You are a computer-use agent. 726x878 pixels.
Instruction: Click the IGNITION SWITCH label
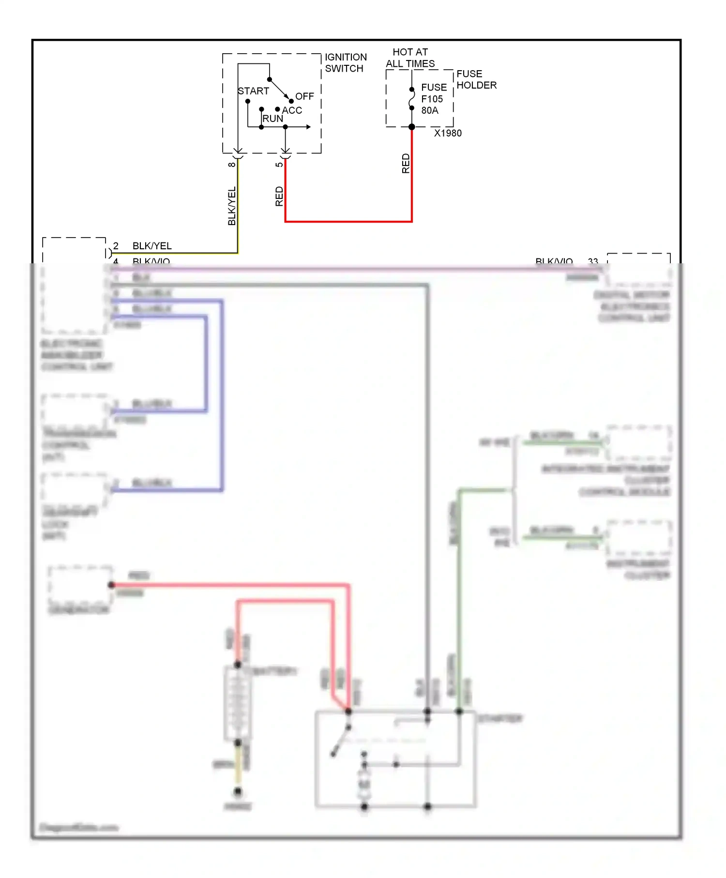pyautogui.click(x=346, y=63)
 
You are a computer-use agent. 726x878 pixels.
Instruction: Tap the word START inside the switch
pyautogui.click(x=253, y=91)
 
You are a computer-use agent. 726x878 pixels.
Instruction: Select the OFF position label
pyautogui.click(x=304, y=96)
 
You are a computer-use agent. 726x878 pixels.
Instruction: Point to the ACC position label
pyautogui.click(x=292, y=110)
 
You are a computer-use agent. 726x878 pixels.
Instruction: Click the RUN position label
pyautogui.click(x=272, y=119)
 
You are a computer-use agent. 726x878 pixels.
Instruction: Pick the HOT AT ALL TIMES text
pyautogui.click(x=410, y=58)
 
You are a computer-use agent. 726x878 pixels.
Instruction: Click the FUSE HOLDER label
pyautogui.click(x=476, y=79)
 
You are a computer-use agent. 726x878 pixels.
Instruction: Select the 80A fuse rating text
pyautogui.click(x=430, y=110)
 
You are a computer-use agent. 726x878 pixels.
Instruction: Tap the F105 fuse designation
pyautogui.click(x=432, y=99)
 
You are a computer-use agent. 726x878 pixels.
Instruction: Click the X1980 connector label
pyautogui.click(x=448, y=133)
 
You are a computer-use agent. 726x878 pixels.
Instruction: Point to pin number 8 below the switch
pyautogui.click(x=232, y=165)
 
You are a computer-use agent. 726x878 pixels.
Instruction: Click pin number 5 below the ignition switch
pyautogui.click(x=279, y=165)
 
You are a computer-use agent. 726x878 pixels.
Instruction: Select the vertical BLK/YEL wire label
pyautogui.click(x=232, y=206)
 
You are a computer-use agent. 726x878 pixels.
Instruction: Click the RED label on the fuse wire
pyautogui.click(x=406, y=164)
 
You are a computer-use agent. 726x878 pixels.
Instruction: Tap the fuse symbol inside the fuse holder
pyautogui.click(x=412, y=99)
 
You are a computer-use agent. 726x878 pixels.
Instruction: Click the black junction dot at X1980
pyautogui.click(x=412, y=127)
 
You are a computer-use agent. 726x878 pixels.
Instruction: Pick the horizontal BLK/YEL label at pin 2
pyautogui.click(x=152, y=246)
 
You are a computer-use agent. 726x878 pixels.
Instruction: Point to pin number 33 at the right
pyautogui.click(x=593, y=261)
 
